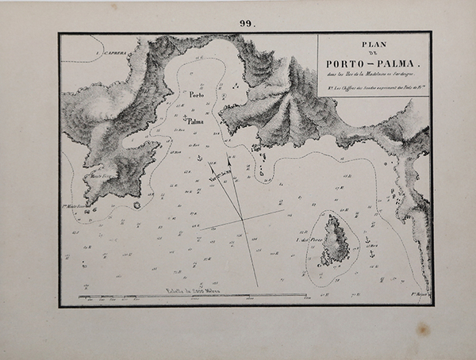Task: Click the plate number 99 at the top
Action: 246,24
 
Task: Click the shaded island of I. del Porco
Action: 335,242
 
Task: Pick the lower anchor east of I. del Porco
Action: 368,254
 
